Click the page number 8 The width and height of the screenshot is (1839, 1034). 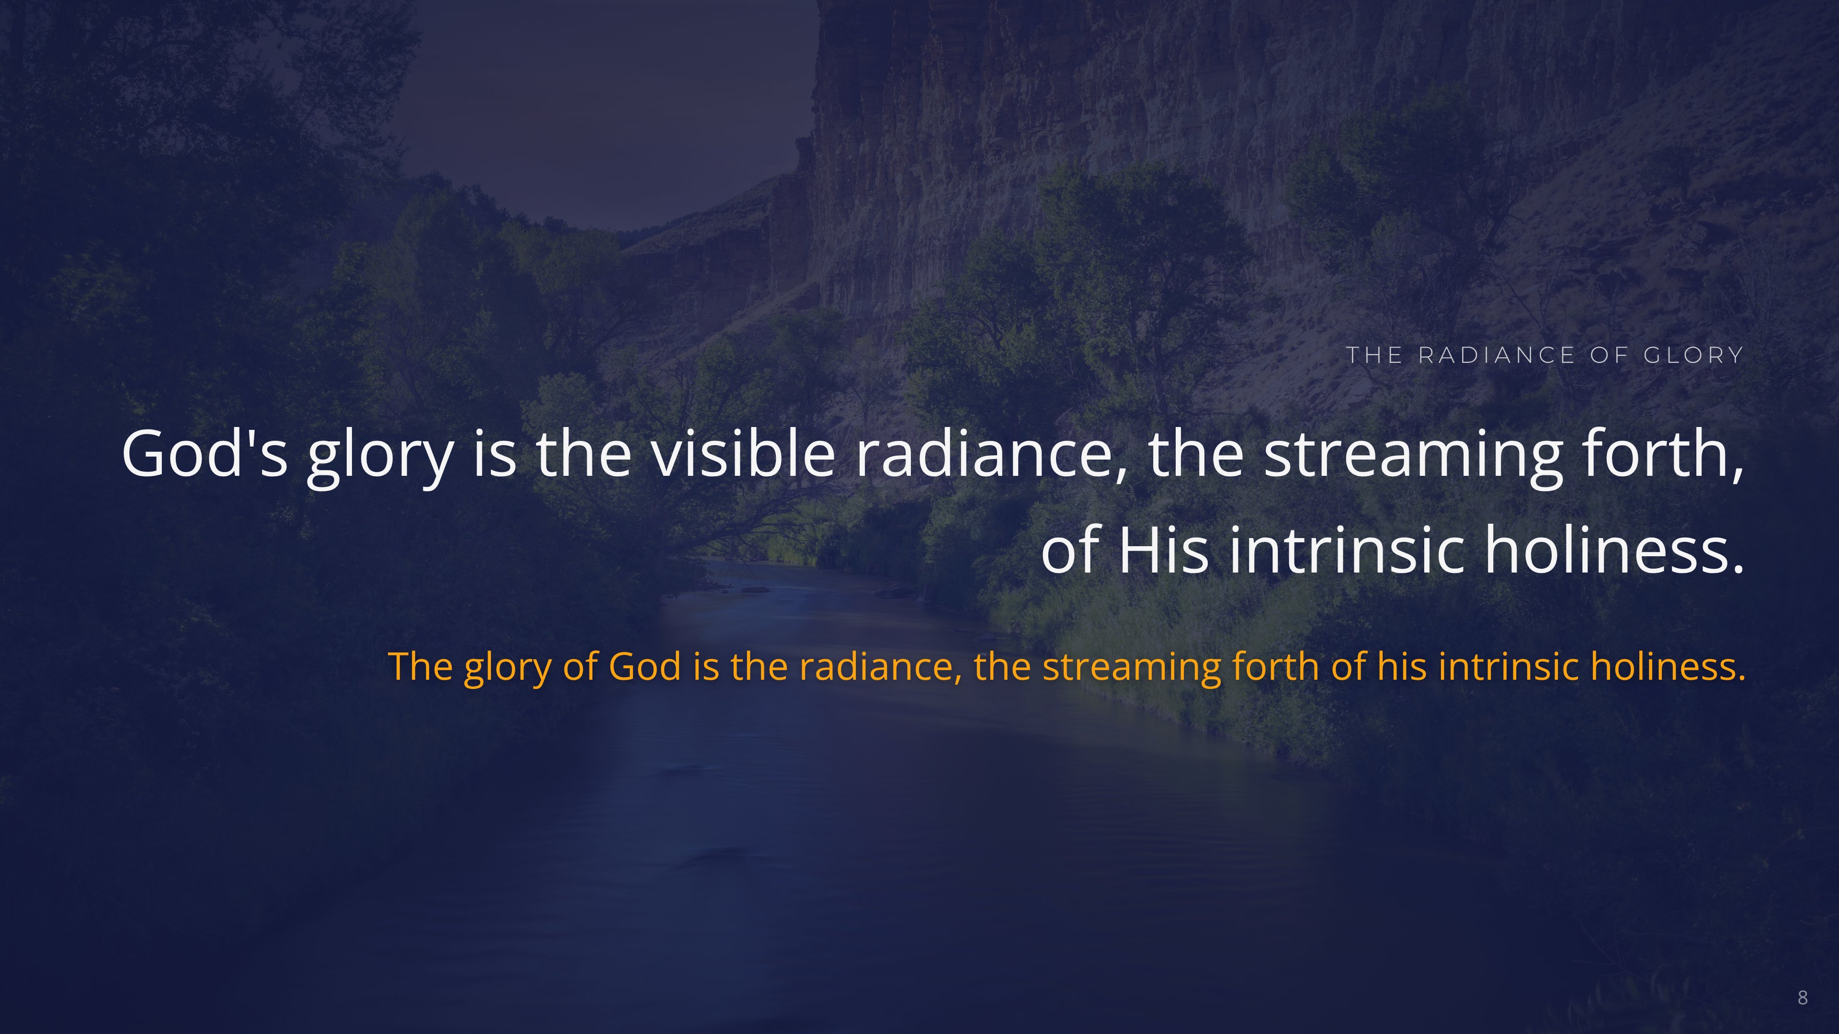tap(1803, 998)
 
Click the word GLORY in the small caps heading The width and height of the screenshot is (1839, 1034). tap(1693, 355)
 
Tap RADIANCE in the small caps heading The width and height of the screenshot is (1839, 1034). tap(1496, 355)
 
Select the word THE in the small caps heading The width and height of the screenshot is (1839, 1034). tap(1374, 355)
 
